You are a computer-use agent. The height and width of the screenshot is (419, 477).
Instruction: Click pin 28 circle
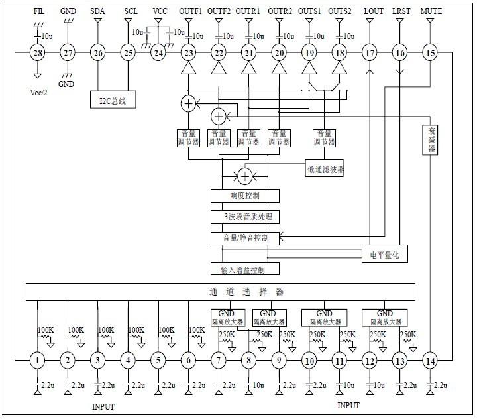[37, 53]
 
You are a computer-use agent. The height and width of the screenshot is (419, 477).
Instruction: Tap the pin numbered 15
[430, 53]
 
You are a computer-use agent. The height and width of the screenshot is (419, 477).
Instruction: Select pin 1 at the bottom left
[38, 361]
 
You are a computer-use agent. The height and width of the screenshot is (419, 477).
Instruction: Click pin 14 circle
[430, 361]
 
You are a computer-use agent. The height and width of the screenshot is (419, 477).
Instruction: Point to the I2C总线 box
[113, 101]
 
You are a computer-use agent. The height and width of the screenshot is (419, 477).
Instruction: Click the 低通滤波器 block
[325, 169]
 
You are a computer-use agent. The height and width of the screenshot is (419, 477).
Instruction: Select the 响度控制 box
[245, 196]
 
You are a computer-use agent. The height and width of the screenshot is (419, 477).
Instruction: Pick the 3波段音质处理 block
[245, 217]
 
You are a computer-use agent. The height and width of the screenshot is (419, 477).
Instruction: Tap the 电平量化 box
[384, 254]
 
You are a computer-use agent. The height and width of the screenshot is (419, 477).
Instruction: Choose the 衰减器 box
[431, 140]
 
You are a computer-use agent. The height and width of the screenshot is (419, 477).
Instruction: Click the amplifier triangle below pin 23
[189, 68]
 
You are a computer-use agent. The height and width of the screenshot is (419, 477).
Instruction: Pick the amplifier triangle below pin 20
[279, 68]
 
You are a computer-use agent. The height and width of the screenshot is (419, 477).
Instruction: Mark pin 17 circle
[370, 53]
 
